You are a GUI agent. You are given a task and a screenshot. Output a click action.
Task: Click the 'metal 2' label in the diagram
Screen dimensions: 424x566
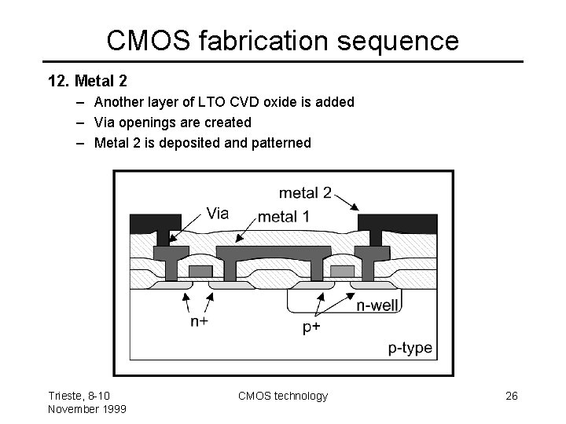pos(305,192)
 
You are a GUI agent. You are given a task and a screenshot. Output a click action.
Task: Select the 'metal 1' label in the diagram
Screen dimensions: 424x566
pos(284,216)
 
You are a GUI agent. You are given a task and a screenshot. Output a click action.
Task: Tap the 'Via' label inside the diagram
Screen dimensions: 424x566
pos(218,213)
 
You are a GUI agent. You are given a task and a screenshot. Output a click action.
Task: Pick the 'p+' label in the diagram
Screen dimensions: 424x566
pos(312,327)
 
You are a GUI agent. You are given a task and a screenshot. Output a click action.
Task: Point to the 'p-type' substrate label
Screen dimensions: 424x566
pos(410,348)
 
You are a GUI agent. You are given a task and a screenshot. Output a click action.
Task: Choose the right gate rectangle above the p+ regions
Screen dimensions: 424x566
pos(342,271)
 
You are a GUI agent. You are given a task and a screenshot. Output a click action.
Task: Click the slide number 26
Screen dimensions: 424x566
pos(512,396)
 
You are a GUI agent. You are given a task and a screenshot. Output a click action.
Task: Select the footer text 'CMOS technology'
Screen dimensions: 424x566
pos(283,396)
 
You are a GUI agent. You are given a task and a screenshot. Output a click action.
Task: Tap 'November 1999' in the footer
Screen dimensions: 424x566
pos(86,408)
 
